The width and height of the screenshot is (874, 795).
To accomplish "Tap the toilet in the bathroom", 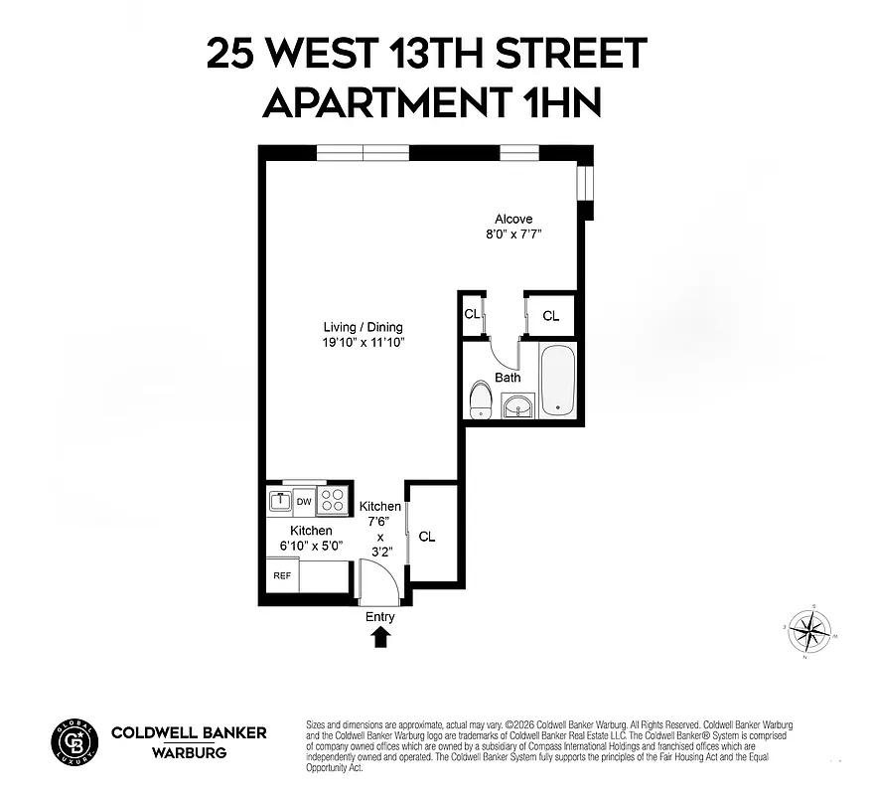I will click(x=481, y=401).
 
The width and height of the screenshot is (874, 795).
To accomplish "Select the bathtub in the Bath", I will click(x=556, y=381).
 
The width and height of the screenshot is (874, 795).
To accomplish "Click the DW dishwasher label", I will click(x=303, y=502).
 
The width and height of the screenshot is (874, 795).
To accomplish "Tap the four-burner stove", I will click(x=333, y=501).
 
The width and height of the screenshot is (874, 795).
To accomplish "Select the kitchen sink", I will click(x=279, y=502).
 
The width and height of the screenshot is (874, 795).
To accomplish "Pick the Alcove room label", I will click(x=513, y=220).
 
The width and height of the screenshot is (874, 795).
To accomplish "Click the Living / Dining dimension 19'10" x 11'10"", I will click(x=364, y=343).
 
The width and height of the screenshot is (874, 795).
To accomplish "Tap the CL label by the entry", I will click(x=427, y=537).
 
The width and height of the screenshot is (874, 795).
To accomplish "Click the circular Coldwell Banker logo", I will click(x=74, y=741).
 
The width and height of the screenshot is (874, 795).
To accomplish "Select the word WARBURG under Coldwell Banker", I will click(x=189, y=752).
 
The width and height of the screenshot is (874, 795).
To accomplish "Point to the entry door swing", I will click(x=377, y=582).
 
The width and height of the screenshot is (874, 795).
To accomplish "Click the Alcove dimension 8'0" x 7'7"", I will click(x=513, y=235).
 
